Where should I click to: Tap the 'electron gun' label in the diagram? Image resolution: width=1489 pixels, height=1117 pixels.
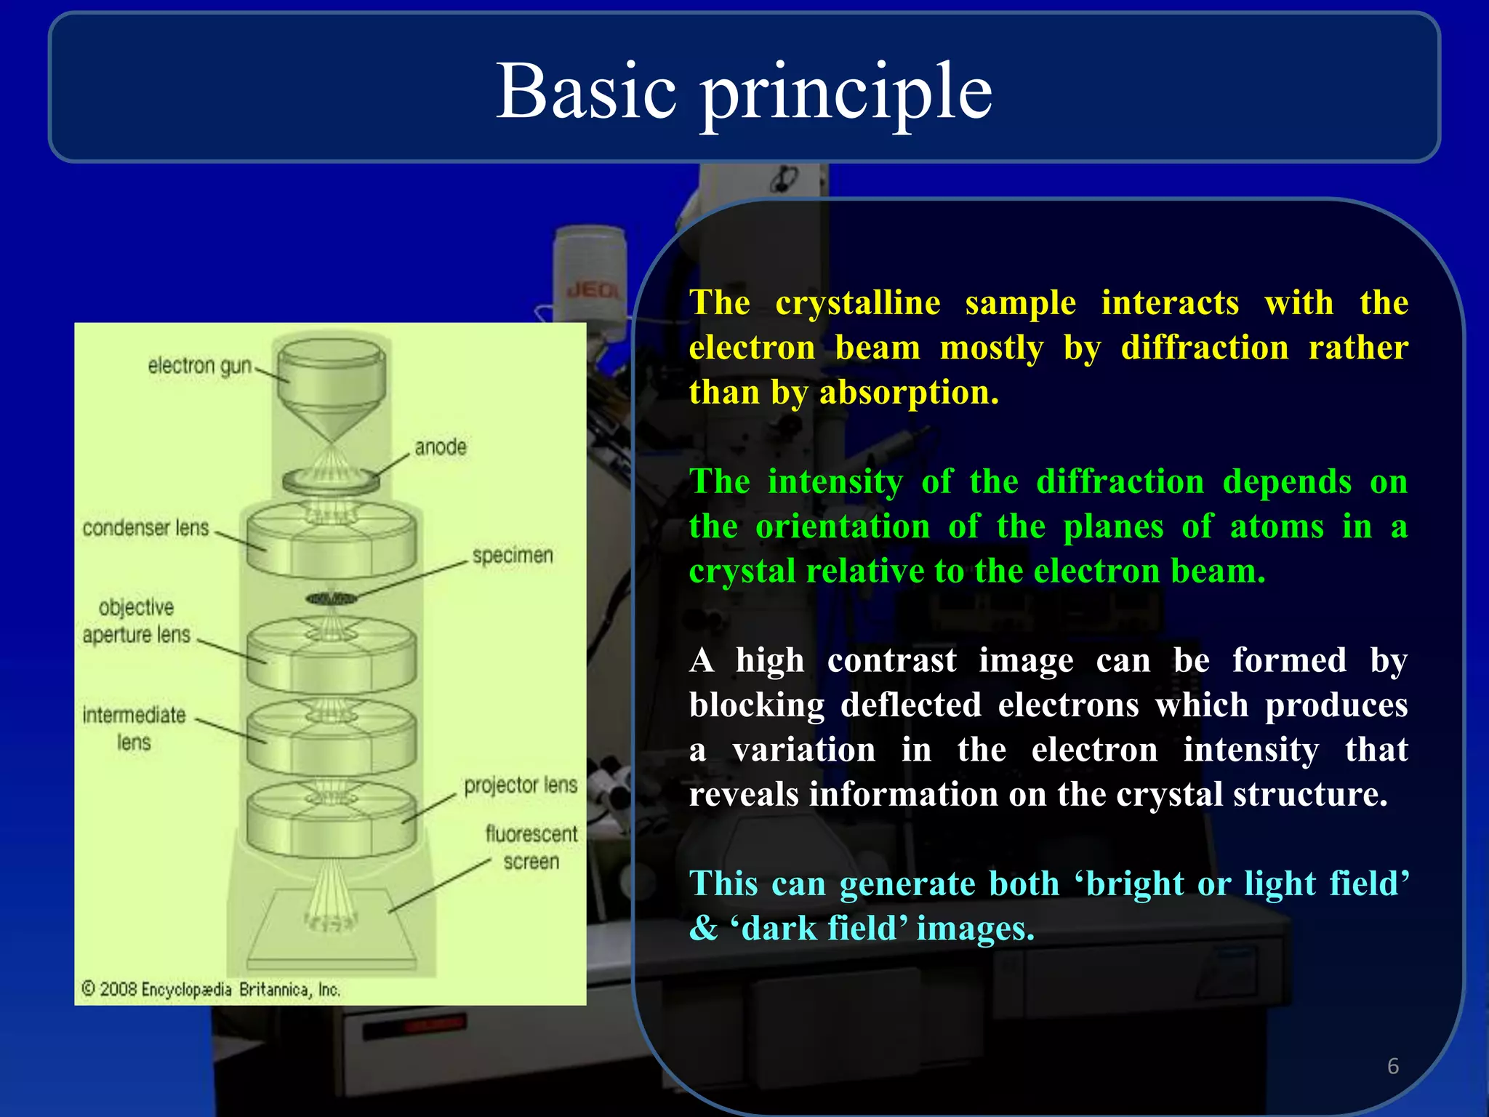coord(199,366)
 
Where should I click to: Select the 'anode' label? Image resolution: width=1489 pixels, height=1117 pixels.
coord(441,447)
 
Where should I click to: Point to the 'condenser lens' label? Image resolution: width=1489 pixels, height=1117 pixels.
coord(145,528)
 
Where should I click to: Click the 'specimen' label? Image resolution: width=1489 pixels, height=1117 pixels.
coord(513,556)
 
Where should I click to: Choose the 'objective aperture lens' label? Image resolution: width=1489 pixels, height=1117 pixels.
coord(137,621)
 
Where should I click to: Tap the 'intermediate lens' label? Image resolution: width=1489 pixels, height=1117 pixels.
coord(134,729)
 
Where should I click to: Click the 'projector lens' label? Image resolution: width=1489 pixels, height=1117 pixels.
coord(521,785)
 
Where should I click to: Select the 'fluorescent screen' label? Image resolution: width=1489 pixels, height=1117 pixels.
coord(531,848)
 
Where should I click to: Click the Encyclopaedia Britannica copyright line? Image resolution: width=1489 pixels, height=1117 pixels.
coord(211,989)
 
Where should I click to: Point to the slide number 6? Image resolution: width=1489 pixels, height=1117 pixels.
coord(1392,1066)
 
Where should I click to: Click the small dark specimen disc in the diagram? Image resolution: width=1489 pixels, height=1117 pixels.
coord(332,598)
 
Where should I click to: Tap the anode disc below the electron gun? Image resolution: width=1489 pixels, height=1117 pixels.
coord(331,481)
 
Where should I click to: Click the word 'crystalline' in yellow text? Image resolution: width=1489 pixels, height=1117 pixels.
coord(857,303)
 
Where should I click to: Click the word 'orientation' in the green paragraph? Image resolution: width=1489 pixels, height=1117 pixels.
coord(842,527)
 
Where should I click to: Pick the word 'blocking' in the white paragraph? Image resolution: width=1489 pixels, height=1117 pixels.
coord(756,705)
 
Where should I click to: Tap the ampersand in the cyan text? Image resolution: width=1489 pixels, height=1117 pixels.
coord(703,929)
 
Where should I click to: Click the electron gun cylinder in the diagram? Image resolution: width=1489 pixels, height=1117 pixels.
coord(331,375)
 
